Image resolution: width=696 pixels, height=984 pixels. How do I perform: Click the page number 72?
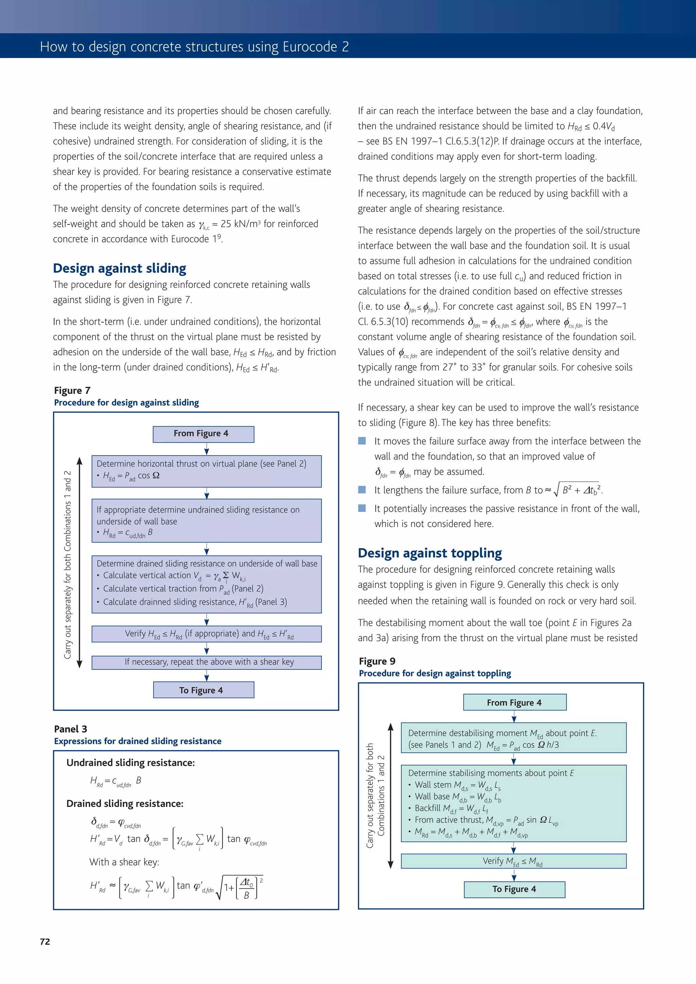point(45,941)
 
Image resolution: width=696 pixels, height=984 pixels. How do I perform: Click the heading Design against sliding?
point(119,268)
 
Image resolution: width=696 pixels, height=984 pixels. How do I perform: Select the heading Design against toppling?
point(430,553)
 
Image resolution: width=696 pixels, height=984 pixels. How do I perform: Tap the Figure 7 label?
point(72,390)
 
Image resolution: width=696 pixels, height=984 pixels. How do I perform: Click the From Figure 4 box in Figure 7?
point(203,434)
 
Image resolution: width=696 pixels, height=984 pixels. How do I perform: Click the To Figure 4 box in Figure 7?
point(203,690)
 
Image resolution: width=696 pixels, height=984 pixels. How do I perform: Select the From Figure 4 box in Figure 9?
point(514,702)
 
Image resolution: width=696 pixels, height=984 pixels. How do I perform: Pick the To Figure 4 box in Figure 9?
point(514,889)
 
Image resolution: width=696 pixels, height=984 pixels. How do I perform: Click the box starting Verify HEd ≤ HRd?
point(206,634)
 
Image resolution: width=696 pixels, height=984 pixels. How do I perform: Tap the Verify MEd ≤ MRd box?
point(513,861)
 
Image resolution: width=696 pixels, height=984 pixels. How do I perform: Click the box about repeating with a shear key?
point(206,662)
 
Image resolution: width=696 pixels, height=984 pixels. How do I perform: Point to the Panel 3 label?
point(70,729)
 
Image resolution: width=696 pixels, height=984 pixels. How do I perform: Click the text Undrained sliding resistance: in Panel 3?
point(130,763)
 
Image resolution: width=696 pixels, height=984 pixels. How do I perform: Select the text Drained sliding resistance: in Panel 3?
point(124,803)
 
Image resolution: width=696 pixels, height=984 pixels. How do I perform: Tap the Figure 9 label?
point(377,661)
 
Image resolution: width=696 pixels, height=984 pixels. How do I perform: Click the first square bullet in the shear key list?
point(362,441)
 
